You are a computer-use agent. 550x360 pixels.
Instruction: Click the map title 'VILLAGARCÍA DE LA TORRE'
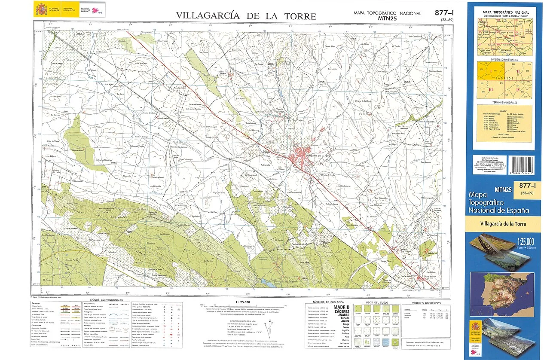(246, 16)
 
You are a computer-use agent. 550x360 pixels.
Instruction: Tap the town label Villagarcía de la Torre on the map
(319, 155)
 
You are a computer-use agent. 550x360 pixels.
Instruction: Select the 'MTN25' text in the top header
(387, 18)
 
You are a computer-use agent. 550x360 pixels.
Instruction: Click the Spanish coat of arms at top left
(42, 8)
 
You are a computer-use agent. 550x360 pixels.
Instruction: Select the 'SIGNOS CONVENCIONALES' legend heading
(107, 299)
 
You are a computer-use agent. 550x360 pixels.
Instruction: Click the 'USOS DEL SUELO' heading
(377, 302)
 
